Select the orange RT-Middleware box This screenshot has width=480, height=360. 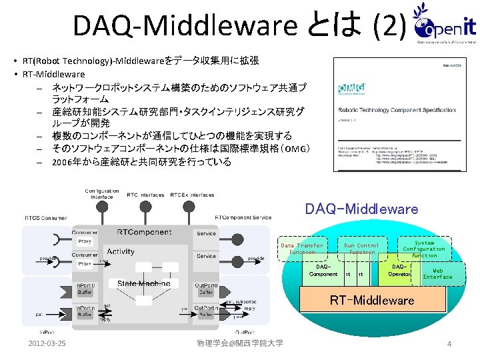(x=372, y=300)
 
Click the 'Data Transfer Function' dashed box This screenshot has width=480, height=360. (x=301, y=248)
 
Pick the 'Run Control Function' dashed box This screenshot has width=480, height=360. (x=361, y=249)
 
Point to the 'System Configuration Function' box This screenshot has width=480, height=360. (x=424, y=249)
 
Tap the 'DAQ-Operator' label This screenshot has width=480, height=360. (x=400, y=271)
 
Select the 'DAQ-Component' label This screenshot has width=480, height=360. (x=323, y=271)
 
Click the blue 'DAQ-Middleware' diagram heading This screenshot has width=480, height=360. (x=361, y=209)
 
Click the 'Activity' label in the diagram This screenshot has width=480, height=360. (x=121, y=251)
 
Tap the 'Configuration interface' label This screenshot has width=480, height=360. (x=103, y=194)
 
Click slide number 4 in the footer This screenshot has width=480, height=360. (x=449, y=344)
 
